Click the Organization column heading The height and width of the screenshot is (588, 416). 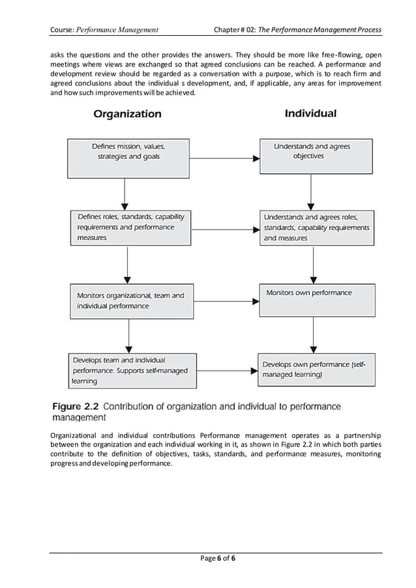coord(127,114)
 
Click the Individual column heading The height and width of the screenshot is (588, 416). coord(310,113)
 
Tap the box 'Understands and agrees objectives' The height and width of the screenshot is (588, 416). coord(316,156)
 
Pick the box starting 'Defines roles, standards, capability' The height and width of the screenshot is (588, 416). coord(131,228)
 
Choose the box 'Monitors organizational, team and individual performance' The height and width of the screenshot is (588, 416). coord(131,301)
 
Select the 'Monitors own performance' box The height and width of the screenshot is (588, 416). coord(317,300)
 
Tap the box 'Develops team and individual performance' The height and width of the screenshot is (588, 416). coord(130,370)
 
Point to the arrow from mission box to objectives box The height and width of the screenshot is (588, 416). coord(225,158)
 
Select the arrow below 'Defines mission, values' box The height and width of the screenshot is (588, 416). coord(124,194)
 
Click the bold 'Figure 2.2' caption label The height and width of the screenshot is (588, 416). coord(74,407)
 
